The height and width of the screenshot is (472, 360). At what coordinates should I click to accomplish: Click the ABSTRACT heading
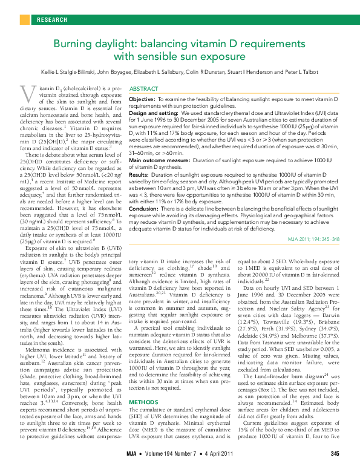coord(143,89)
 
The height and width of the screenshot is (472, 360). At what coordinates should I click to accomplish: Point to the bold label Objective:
coord(143,98)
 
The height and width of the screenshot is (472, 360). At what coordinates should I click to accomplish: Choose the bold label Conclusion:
coord(145,207)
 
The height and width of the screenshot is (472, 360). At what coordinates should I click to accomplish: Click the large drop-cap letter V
coord(26,94)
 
